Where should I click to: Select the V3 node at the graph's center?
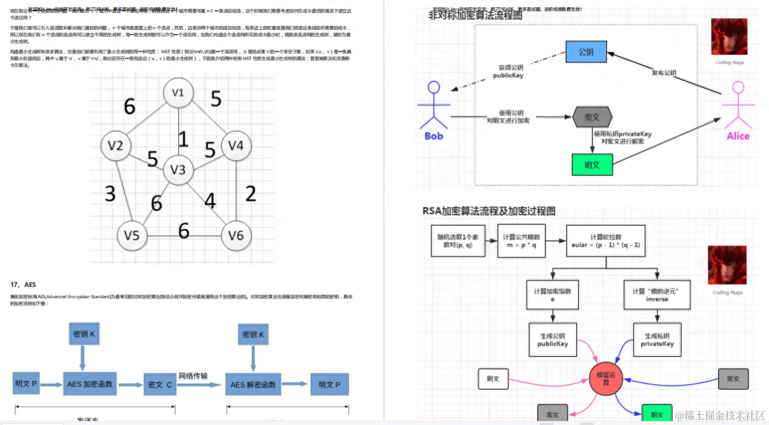pyautogui.click(x=178, y=169)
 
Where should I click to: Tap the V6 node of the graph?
pyautogui.click(x=236, y=234)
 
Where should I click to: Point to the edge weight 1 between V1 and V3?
pyautogui.click(x=182, y=139)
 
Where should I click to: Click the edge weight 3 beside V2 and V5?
pyautogui.click(x=110, y=194)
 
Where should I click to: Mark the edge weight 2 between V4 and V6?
pyautogui.click(x=251, y=194)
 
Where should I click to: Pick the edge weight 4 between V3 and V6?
pyautogui.click(x=210, y=200)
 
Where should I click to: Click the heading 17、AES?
pyautogui.click(x=23, y=284)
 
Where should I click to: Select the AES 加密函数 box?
pyautogui.click(x=90, y=384)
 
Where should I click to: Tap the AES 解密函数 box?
pyautogui.click(x=253, y=384)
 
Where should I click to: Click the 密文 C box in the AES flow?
pyautogui.click(x=160, y=384)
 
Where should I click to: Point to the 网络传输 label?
pyautogui.click(x=193, y=376)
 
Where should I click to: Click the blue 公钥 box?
pyautogui.click(x=586, y=52)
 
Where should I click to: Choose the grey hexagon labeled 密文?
pyautogui.click(x=592, y=117)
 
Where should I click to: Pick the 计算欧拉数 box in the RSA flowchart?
pyautogui.click(x=606, y=241)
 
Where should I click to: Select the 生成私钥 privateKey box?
pyautogui.click(x=657, y=340)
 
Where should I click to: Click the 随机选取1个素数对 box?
pyautogui.click(x=458, y=241)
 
